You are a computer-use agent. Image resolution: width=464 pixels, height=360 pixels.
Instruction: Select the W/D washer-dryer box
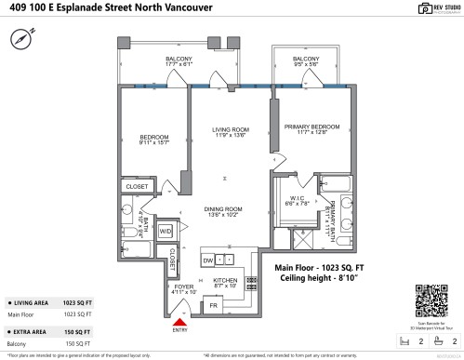[166, 231]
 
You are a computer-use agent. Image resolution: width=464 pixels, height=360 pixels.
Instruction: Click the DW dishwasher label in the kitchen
[209, 260]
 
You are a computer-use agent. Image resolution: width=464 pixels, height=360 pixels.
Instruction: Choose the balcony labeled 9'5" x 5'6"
[306, 61]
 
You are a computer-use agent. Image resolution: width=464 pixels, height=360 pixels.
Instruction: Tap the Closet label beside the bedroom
[136, 186]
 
